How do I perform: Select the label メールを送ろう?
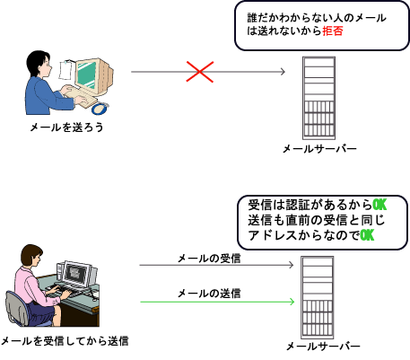(65, 127)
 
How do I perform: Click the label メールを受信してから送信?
(65, 340)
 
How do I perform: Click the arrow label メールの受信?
(208, 259)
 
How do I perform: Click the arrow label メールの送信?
(208, 293)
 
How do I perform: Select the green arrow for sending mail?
(215, 302)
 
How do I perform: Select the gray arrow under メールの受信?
(215, 267)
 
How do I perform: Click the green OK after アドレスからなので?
(366, 235)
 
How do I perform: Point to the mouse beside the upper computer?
(100, 109)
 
